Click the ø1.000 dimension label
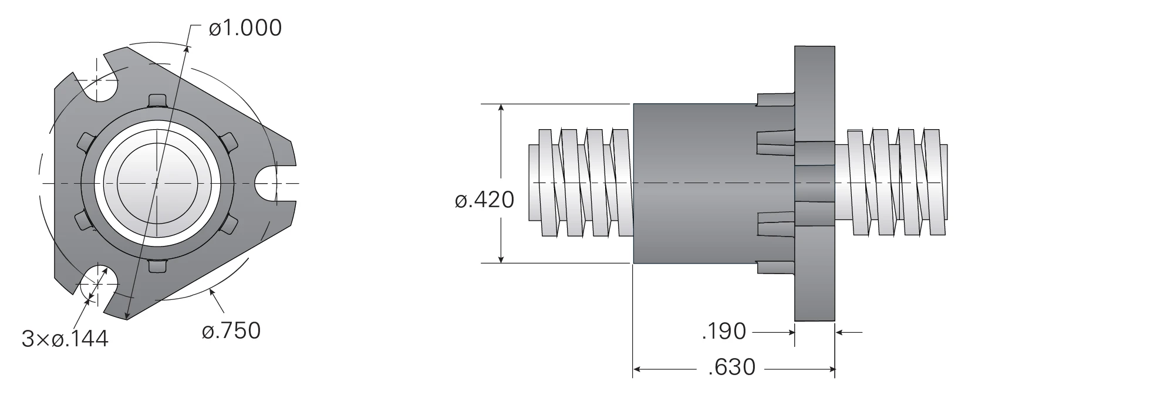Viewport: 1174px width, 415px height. [x=245, y=28]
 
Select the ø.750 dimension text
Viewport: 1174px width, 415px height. [x=231, y=330]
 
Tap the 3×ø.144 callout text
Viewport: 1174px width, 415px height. [x=65, y=339]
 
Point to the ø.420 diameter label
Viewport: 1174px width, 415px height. [x=484, y=200]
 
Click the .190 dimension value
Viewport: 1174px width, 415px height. [x=724, y=332]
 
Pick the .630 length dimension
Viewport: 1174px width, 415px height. [x=732, y=367]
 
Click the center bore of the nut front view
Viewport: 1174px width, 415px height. [x=157, y=184]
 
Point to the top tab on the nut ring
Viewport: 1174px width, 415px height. [x=157, y=100]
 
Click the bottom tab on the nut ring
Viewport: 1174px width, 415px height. [x=157, y=266]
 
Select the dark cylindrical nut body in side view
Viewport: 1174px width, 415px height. [x=694, y=184]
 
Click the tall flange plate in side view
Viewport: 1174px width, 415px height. [x=815, y=184]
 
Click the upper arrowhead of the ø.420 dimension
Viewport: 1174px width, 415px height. [x=501, y=109]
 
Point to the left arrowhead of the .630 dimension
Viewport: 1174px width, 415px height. [x=639, y=369]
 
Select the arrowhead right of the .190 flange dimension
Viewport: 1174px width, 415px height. [x=841, y=332]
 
